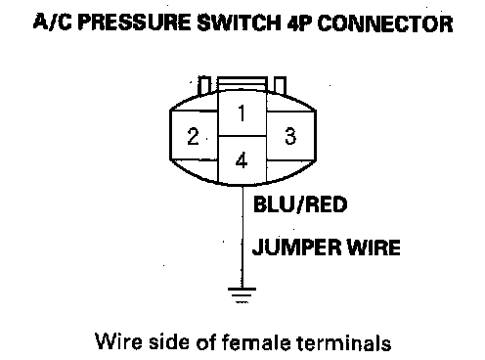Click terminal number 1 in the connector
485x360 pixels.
point(242,112)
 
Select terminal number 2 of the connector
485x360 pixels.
point(194,136)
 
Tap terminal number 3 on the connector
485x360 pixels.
point(290,136)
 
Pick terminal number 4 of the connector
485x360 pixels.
point(242,160)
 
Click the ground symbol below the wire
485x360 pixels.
point(242,295)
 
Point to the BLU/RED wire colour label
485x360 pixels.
point(300,204)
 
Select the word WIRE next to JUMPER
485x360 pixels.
point(373,247)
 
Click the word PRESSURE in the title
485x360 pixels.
point(135,22)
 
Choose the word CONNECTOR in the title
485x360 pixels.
point(384,23)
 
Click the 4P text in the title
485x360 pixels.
point(299,22)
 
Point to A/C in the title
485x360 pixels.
point(53,22)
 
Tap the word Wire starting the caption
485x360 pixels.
point(118,341)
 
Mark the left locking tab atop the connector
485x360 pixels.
point(204,85)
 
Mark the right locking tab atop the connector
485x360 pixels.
point(280,86)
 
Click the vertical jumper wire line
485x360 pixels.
point(242,237)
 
